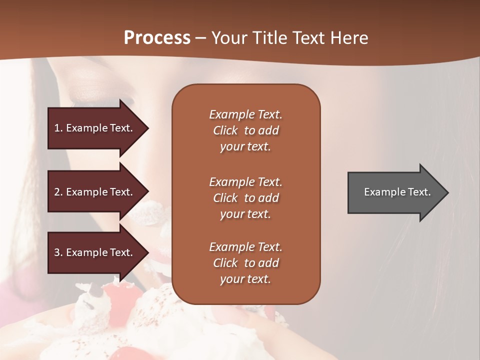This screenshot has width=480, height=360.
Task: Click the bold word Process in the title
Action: point(157,38)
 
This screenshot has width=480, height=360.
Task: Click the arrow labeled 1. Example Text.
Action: point(95,128)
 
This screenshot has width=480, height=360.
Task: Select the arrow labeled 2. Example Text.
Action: point(95,192)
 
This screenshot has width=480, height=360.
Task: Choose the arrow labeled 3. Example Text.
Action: point(95,252)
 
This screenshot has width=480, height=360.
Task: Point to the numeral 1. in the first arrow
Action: point(58,128)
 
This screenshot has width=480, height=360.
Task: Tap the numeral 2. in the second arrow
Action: point(58,192)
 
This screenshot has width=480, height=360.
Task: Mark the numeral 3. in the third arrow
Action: point(58,252)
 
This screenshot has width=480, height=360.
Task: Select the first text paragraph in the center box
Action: point(245,130)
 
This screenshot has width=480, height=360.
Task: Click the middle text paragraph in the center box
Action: point(245,198)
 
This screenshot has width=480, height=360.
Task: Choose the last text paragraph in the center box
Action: point(245,263)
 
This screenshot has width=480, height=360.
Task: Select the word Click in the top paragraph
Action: point(225,130)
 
